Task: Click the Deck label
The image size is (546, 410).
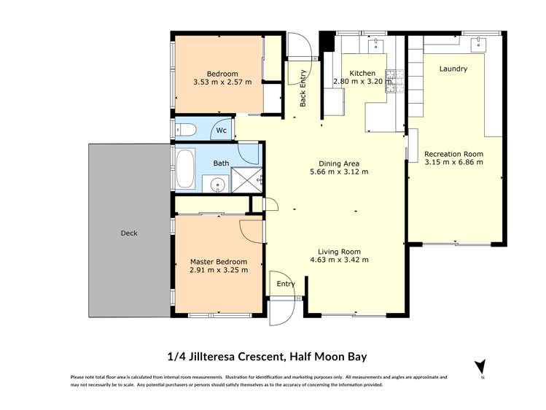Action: (x=129, y=233)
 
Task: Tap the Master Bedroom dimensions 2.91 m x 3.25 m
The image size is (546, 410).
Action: (x=219, y=270)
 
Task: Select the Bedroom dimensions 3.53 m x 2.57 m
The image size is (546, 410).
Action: (x=222, y=82)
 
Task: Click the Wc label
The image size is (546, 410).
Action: (x=221, y=132)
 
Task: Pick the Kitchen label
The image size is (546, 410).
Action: (x=362, y=74)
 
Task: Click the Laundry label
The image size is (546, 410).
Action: (x=453, y=69)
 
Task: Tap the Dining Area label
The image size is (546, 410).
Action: (x=339, y=163)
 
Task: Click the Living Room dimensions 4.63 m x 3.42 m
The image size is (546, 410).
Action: (x=339, y=260)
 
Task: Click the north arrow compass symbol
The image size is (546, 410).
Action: (x=479, y=366)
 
